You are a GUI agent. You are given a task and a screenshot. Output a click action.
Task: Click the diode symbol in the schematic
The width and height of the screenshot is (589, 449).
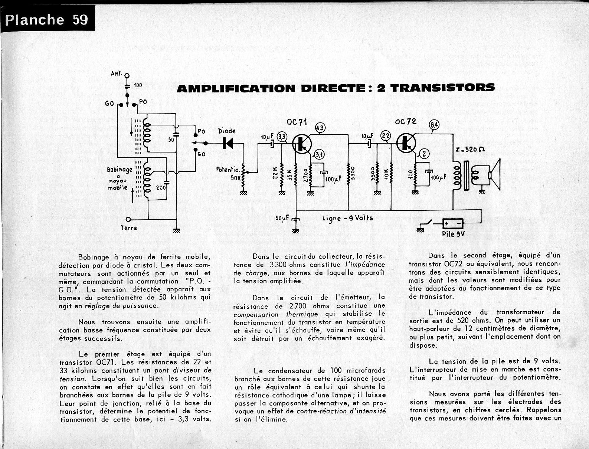pos(227,143)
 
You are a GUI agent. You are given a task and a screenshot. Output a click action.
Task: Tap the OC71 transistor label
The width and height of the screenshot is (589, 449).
pos(297,122)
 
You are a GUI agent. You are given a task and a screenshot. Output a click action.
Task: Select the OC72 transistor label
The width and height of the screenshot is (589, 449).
pos(406,121)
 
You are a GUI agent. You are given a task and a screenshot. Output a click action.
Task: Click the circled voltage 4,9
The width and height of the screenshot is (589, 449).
pos(320,128)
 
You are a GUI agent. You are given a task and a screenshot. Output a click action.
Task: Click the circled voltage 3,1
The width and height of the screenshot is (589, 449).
pos(319,155)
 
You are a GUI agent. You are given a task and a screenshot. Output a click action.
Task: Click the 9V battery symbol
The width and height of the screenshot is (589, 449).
pos(453,223)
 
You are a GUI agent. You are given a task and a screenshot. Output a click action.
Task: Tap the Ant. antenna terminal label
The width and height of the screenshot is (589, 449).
pos(117,74)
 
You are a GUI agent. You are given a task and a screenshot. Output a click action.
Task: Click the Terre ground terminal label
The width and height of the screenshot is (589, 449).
pos(129,228)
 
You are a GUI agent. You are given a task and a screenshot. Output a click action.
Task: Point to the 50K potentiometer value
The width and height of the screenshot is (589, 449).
pos(235,178)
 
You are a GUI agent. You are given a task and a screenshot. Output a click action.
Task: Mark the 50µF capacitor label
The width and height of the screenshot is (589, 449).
pos(282,219)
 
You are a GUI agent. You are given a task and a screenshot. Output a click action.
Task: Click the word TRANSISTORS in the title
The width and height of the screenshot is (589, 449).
pos(436,88)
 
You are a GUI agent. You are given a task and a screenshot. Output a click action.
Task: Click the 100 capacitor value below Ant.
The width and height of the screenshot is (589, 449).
pos(138,85)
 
